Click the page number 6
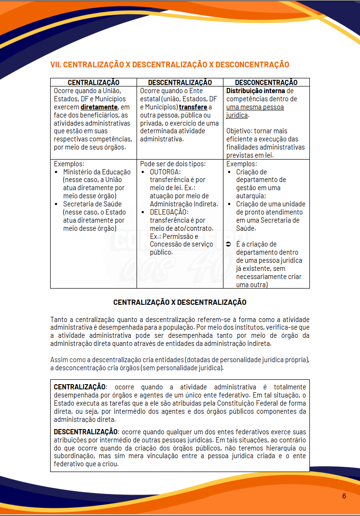(x=344, y=496)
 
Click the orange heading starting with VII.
(x=169, y=64)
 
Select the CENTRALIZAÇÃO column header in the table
(x=94, y=83)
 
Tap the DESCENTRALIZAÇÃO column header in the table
(x=180, y=83)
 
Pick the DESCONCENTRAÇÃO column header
(x=266, y=83)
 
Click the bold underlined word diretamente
(x=99, y=107)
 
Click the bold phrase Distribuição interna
(x=255, y=91)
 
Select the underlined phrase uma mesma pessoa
(x=255, y=107)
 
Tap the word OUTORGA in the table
(x=165, y=172)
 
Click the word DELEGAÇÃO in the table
(x=169, y=212)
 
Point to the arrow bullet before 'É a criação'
(x=229, y=244)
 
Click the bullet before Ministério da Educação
(x=56, y=172)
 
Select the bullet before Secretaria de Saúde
(x=56, y=204)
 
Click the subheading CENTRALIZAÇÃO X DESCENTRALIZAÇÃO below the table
(x=180, y=302)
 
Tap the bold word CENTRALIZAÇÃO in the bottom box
(x=79, y=387)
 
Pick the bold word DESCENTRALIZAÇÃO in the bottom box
(x=85, y=432)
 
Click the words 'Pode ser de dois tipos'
(x=173, y=163)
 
